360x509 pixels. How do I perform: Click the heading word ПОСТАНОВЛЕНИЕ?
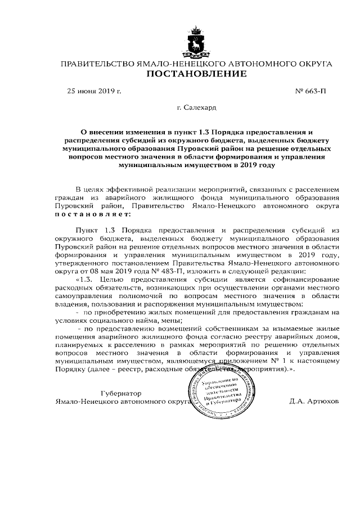[x=196, y=74]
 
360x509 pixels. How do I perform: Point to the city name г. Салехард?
[x=196, y=106]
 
